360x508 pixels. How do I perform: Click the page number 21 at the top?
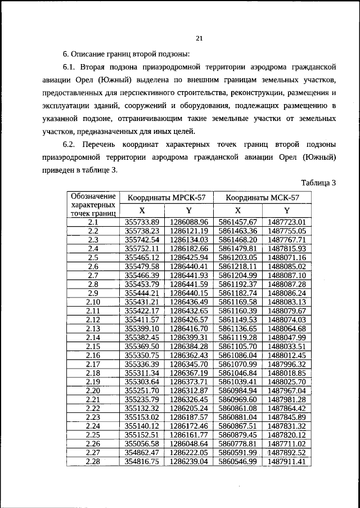click(199, 38)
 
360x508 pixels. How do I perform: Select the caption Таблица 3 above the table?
click(318, 183)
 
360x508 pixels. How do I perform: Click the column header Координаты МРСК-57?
click(167, 198)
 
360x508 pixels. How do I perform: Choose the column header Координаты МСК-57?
click(263, 198)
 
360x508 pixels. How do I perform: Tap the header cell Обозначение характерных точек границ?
click(93, 205)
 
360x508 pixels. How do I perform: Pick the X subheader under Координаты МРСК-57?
click(142, 211)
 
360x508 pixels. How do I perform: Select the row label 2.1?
click(93, 222)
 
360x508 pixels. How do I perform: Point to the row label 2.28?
click(93, 461)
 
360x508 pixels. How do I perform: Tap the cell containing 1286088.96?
click(189, 222)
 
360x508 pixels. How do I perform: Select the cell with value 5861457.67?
click(237, 222)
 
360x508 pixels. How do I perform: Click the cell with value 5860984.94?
click(237, 390)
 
